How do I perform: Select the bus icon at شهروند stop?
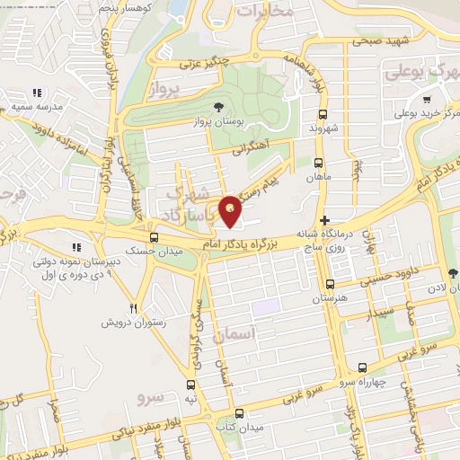coord(323,114)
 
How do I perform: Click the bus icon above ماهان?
coord(317,163)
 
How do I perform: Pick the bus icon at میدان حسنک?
coord(155,238)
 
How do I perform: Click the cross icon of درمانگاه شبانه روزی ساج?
coord(325,219)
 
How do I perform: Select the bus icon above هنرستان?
coord(330,285)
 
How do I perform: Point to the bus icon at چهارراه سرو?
coord(362,367)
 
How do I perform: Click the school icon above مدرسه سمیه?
coord(37,93)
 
